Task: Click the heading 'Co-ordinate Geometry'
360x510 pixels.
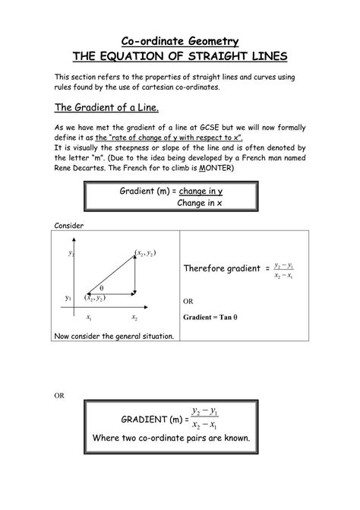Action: click(x=180, y=40)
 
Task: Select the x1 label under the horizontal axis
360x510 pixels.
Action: click(x=89, y=317)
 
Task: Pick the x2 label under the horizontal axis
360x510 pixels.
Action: click(x=134, y=317)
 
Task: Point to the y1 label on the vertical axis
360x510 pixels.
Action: click(x=68, y=297)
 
